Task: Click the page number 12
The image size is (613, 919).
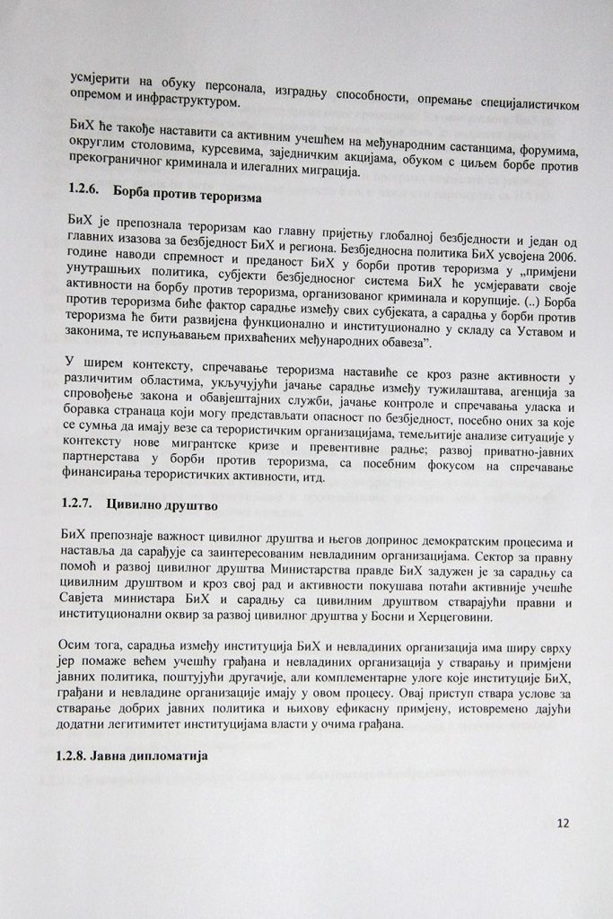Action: tap(563, 821)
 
